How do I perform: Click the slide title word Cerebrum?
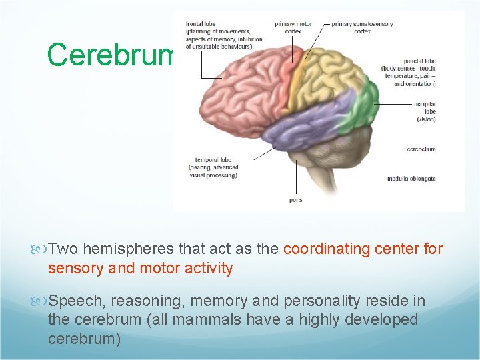click(111, 55)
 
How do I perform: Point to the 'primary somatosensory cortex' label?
click(362, 27)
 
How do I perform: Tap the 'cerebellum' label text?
click(421, 149)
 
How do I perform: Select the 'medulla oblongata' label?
click(411, 179)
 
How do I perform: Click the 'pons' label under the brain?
click(296, 200)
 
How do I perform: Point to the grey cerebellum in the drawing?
click(343, 143)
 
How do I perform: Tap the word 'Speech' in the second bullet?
click(72, 301)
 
